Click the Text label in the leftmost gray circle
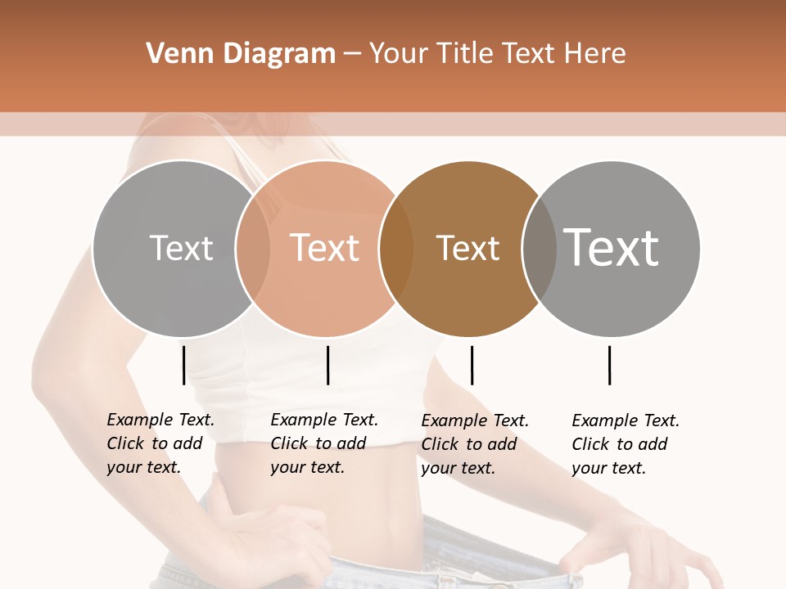pyautogui.click(x=181, y=248)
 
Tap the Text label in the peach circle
pyautogui.click(x=325, y=248)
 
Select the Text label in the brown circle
pyautogui.click(x=468, y=248)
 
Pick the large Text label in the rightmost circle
pyautogui.click(x=612, y=247)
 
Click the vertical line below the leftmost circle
pyautogui.click(x=183, y=365)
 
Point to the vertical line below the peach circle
pyautogui.click(x=327, y=365)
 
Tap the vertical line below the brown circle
pyautogui.click(x=472, y=365)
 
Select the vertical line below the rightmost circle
pyautogui.click(x=609, y=365)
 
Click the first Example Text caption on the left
pyautogui.click(x=160, y=443)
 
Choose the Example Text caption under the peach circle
pyautogui.click(x=323, y=443)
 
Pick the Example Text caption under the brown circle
pyautogui.click(x=474, y=444)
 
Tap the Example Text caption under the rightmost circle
pyautogui.click(x=625, y=444)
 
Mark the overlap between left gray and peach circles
pyautogui.click(x=252, y=249)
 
